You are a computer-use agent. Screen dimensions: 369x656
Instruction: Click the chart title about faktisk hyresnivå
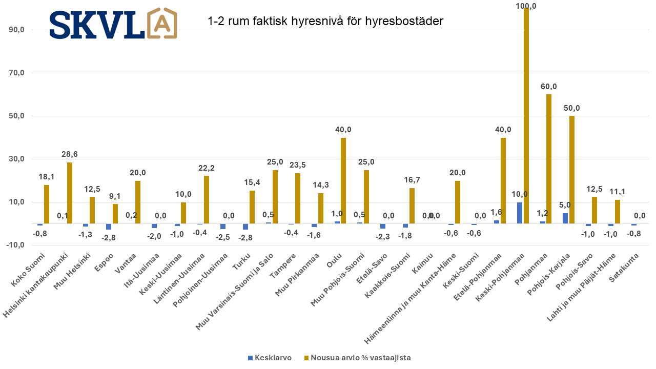(x=325, y=22)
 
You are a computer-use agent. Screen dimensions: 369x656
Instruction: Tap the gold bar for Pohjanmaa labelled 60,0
(x=549, y=159)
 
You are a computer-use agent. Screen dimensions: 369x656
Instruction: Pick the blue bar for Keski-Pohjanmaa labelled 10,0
(x=520, y=213)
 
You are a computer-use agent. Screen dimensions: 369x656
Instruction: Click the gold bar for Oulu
(x=343, y=180)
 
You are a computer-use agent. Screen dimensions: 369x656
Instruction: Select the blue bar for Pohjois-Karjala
(x=565, y=218)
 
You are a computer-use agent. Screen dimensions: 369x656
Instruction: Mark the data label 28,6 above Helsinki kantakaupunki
(x=69, y=154)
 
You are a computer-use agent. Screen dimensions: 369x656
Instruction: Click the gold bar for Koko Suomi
(x=47, y=204)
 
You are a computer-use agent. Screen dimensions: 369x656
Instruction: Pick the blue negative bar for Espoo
(x=109, y=227)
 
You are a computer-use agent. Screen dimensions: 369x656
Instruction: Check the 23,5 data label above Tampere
(x=298, y=165)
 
